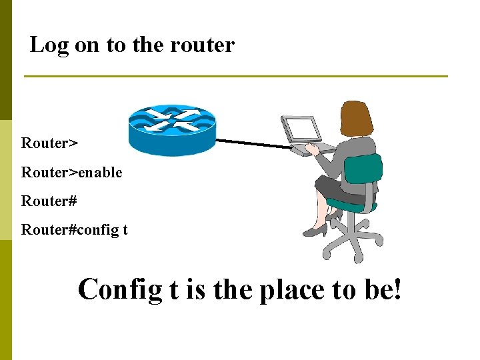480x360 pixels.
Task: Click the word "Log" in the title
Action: (x=45, y=45)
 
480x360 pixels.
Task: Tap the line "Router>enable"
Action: (x=71, y=172)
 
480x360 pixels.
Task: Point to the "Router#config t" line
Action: (x=74, y=230)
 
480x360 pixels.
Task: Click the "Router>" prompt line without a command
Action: (x=49, y=143)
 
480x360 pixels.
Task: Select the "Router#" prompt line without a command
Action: (x=49, y=201)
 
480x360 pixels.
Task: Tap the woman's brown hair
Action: (x=356, y=119)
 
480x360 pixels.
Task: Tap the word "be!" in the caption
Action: (x=383, y=290)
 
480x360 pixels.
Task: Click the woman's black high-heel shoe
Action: (x=315, y=231)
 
